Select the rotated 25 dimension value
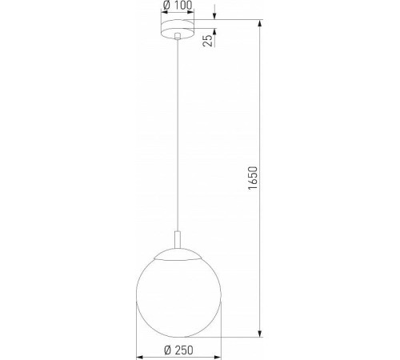[x=208, y=40]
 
